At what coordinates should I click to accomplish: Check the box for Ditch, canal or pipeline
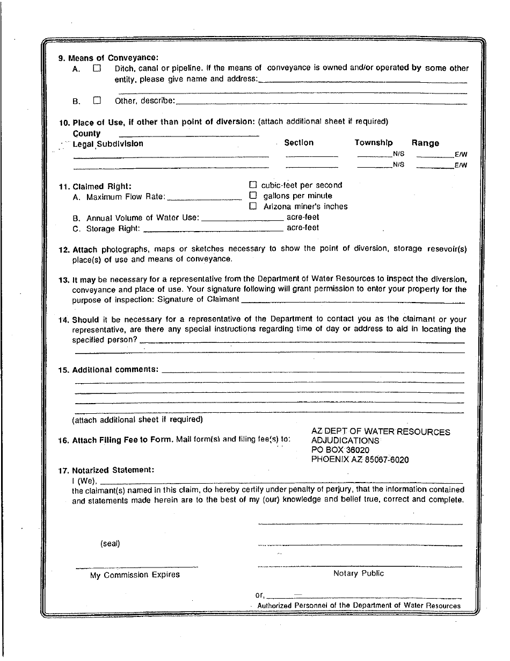[97, 68]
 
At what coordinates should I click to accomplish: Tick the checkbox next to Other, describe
[97, 100]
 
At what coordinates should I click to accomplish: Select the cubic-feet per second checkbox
[253, 185]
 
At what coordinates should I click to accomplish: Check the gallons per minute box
[253, 196]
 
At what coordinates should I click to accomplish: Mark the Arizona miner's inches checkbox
[253, 206]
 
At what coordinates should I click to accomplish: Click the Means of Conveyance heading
[108, 58]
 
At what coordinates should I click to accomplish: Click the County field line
[188, 134]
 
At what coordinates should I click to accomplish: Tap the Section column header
[299, 143]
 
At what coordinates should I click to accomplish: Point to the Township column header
[374, 143]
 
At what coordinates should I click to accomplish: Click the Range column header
[425, 143]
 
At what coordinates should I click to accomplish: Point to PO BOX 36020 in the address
[340, 450]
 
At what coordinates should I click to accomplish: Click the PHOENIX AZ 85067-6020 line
[360, 460]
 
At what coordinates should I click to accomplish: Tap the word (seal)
[110, 544]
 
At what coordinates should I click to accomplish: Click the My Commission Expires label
[135, 575]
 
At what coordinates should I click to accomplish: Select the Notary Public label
[359, 573]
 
